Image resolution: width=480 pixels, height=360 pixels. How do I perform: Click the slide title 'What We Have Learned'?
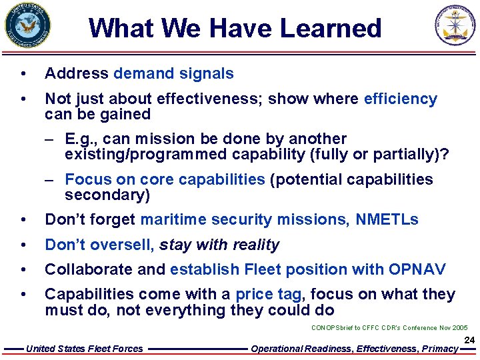pos(235,29)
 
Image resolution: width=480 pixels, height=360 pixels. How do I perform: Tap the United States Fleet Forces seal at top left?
pos(27,25)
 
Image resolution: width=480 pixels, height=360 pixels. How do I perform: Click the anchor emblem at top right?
pos(456,25)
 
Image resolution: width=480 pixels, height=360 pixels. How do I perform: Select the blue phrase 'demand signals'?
pos(173,73)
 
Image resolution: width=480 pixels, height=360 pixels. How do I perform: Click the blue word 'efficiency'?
pos(400,99)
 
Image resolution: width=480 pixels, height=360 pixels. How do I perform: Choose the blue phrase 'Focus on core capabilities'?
pos(165,179)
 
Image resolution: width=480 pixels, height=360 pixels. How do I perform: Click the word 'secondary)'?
pos(107,195)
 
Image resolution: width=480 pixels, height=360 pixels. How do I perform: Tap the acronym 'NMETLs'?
pos(387,219)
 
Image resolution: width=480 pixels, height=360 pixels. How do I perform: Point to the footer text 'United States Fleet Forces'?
pos(84,349)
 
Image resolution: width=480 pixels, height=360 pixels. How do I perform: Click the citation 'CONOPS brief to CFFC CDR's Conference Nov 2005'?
pos(389,328)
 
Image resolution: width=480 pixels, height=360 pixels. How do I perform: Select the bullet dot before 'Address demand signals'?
pos(23,74)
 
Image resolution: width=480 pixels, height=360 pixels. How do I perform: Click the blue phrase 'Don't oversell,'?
pos(99,245)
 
